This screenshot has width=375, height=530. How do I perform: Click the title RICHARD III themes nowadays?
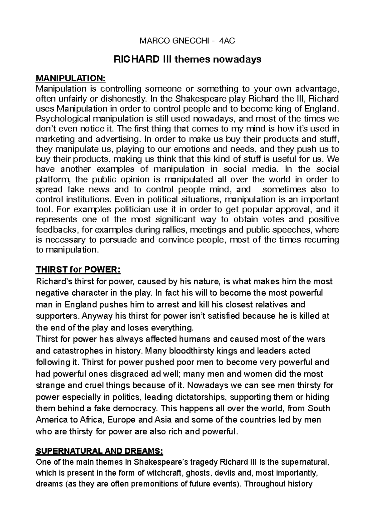coord(187,59)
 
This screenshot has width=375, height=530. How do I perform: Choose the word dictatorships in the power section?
coord(198,397)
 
